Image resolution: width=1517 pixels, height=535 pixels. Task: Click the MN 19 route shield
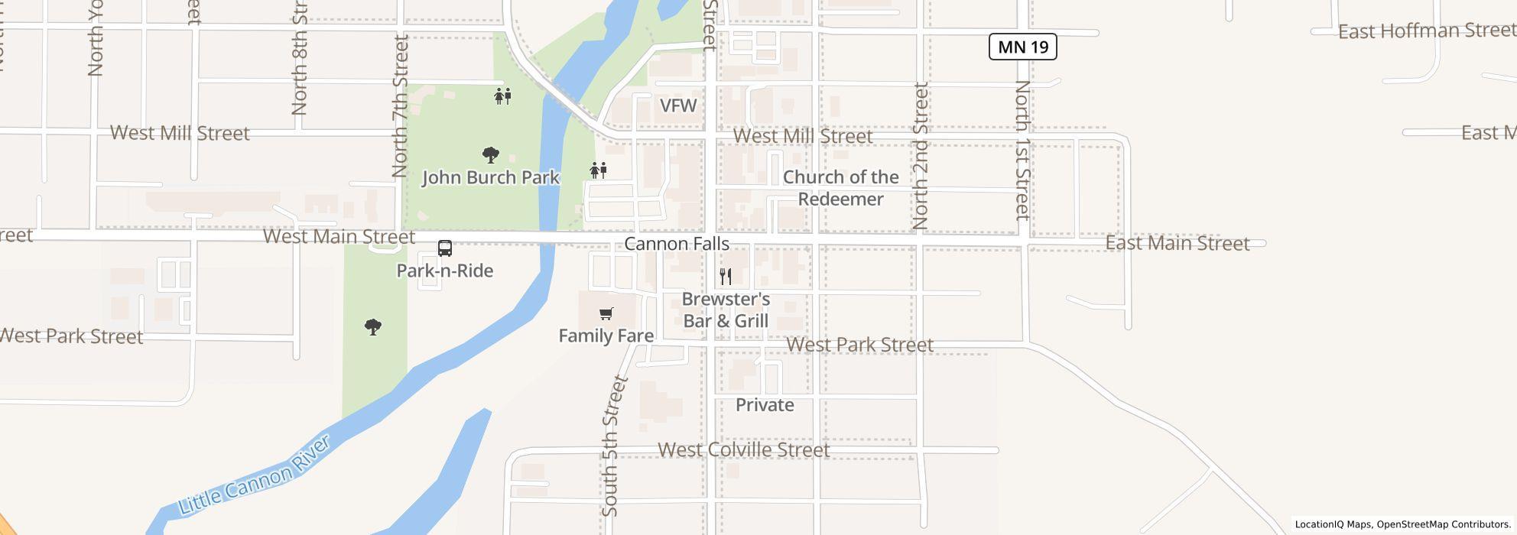[x=1023, y=47]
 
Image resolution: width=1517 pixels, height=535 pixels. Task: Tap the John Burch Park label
[x=491, y=178]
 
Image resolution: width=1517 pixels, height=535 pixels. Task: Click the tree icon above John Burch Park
[x=491, y=155]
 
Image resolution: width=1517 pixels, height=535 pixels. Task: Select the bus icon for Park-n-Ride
[x=445, y=248]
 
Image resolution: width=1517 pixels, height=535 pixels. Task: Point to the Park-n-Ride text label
[x=445, y=271]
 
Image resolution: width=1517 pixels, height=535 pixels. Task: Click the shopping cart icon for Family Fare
[x=606, y=313]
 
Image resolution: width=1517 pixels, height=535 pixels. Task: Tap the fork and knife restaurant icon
[x=726, y=276]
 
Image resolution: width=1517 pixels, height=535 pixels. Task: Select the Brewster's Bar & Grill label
[x=726, y=310]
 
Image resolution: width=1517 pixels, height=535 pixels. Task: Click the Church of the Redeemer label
[x=840, y=188]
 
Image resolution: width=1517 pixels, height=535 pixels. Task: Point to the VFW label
[x=678, y=106]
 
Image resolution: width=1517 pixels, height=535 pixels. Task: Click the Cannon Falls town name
[x=677, y=245]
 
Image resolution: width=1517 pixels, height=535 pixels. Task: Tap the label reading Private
[x=765, y=405]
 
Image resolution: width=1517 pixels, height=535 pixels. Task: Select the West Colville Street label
[x=743, y=450]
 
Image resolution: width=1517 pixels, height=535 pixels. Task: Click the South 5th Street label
[x=614, y=446]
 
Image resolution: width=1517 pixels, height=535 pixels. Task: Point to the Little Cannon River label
[x=255, y=475]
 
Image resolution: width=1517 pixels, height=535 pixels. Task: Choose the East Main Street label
[x=1177, y=244]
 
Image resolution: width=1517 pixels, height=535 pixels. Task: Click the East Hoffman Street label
[x=1427, y=31]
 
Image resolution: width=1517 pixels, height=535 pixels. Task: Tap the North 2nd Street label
[x=921, y=156]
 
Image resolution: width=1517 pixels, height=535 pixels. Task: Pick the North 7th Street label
[x=400, y=106]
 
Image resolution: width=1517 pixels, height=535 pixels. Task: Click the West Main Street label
[x=339, y=236]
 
